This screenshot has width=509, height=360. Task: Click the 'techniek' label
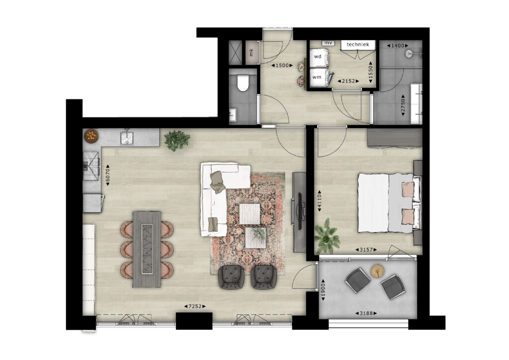pos(357,44)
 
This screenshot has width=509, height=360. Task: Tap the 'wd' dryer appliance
pos(319,57)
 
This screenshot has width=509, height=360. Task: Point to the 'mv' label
pos(328,43)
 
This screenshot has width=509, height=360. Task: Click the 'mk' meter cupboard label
pos(251,52)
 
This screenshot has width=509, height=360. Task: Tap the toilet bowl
pos(243,83)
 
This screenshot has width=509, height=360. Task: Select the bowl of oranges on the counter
pos(91,136)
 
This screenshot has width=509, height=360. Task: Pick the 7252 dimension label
pos(195,306)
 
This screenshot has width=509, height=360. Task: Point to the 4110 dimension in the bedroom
pos(320,201)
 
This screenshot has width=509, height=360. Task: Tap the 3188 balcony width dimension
pos(366,314)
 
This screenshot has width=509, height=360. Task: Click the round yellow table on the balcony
pos(378,270)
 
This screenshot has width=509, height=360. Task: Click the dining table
pos(147,249)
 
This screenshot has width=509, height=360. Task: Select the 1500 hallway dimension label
pos(282,66)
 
